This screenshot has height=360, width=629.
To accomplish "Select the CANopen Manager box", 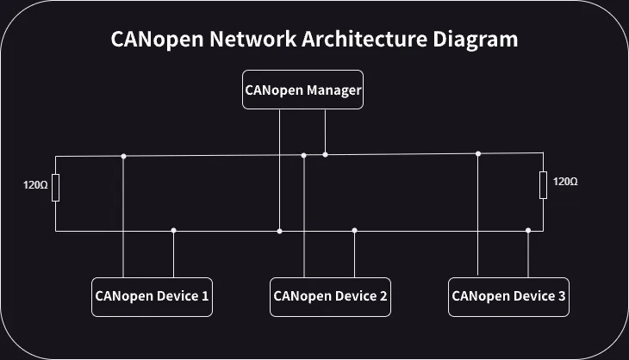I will pyautogui.click(x=302, y=90).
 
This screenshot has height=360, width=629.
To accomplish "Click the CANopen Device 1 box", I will pyautogui.click(x=152, y=296).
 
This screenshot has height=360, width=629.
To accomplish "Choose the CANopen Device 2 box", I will pyautogui.click(x=330, y=296).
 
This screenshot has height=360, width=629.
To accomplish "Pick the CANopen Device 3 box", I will pyautogui.click(x=508, y=296).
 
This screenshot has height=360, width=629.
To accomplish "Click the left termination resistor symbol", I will pyautogui.click(x=56, y=187).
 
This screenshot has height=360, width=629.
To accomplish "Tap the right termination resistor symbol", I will pyautogui.click(x=543, y=185).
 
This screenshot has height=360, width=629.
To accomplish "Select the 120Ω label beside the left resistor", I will pyautogui.click(x=35, y=184).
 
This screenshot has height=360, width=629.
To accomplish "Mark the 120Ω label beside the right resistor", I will pyautogui.click(x=565, y=182).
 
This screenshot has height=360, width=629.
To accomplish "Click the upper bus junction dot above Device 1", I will pyautogui.click(x=124, y=156).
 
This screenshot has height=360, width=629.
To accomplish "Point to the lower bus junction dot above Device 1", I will pyautogui.click(x=174, y=230).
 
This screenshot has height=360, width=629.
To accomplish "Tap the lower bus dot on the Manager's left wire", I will pyautogui.click(x=279, y=231).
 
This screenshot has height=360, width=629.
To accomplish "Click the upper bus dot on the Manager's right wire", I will pyautogui.click(x=325, y=154).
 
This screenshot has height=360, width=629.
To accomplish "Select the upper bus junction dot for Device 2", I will pyautogui.click(x=303, y=155).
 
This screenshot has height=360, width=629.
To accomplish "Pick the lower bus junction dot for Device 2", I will pyautogui.click(x=354, y=230).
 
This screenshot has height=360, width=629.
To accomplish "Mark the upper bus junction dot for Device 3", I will pyautogui.click(x=478, y=153).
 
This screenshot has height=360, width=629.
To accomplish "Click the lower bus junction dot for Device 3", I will pyautogui.click(x=528, y=230).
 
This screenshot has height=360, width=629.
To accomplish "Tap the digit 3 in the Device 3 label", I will pyautogui.click(x=562, y=296).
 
